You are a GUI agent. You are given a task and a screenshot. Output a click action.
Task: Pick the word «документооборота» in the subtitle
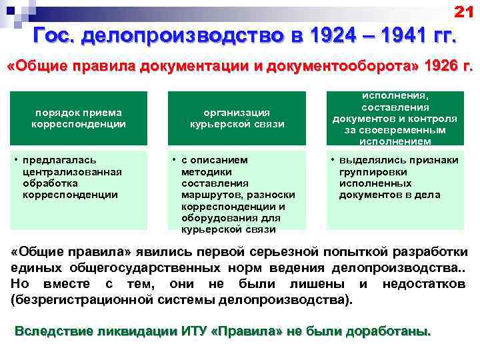(x=313, y=67)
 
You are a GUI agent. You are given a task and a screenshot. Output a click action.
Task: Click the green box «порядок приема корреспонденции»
(x=79, y=118)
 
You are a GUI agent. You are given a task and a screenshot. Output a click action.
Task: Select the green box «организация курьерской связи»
(x=237, y=118)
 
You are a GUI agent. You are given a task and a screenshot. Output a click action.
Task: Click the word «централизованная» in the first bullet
(x=71, y=171)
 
